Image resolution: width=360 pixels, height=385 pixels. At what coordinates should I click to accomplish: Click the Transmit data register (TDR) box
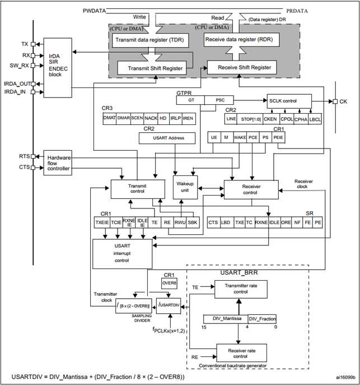pos(151,40)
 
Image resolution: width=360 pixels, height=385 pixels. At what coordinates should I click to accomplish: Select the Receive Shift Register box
pos(242,67)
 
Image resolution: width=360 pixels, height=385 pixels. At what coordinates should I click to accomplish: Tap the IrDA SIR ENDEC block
pos(58,68)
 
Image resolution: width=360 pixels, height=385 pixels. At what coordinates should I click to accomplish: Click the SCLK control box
pos(289,101)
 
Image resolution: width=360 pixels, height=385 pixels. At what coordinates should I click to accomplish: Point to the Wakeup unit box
pos(185,187)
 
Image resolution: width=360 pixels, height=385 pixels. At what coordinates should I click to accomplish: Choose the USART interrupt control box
pos(122,254)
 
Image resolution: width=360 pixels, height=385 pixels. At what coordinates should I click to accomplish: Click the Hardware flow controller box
pos(58,163)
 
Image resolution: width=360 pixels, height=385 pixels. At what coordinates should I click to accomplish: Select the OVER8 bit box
pos(169,284)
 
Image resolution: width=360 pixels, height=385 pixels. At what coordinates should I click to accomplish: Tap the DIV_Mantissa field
pos(226,319)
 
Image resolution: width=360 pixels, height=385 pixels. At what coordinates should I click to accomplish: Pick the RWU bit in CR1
pos(180,222)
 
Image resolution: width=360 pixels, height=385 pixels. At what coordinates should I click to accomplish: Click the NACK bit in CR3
pos(151,118)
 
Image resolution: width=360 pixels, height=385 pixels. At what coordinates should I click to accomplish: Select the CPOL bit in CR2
pos(287,119)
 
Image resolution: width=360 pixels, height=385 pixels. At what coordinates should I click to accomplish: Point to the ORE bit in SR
pos(286,222)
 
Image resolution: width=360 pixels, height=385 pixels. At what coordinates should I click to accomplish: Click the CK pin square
pos(335,101)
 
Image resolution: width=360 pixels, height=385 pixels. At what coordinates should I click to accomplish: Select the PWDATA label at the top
pos(95,11)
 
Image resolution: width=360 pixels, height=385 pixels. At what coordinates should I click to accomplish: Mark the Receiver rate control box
pos(241,353)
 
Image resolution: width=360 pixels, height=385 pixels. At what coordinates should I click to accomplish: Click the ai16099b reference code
pos(346,377)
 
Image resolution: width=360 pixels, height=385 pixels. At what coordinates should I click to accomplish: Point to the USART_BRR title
pos(239,272)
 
